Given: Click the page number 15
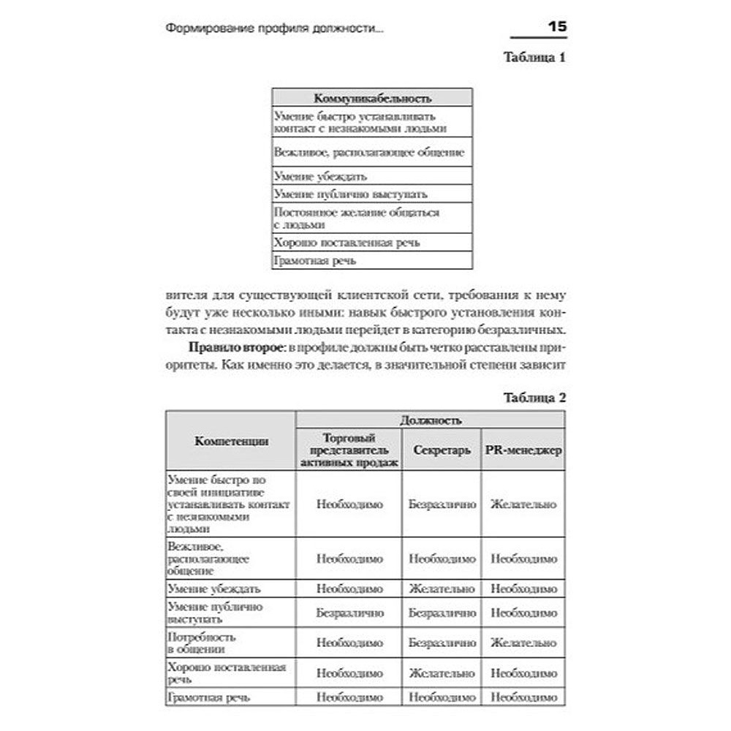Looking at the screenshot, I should pyautogui.click(x=557, y=28).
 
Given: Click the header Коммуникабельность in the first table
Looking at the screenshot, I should pyautogui.click(x=372, y=98).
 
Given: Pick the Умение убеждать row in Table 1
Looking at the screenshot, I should pyautogui.click(x=320, y=176).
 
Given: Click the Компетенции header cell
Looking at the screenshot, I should pyautogui.click(x=231, y=441).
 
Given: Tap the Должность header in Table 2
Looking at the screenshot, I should pyautogui.click(x=430, y=420).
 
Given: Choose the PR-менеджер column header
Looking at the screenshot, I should pyautogui.click(x=523, y=450).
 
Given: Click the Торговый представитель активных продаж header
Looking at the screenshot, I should pyautogui.click(x=349, y=450).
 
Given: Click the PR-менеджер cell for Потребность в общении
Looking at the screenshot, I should pyautogui.click(x=523, y=643).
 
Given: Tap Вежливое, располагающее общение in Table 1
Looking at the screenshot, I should pyautogui.click(x=369, y=153).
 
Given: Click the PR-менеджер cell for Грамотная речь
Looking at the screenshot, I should pyautogui.click(x=523, y=698).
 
